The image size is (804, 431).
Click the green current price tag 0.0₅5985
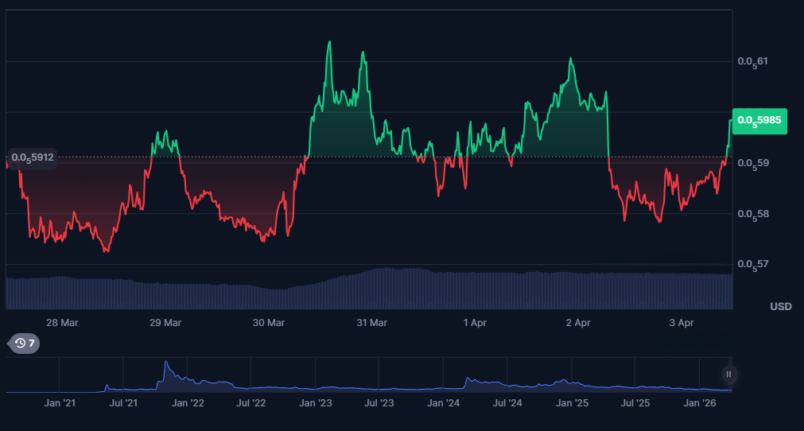759,121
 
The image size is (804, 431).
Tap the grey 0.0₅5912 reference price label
33,157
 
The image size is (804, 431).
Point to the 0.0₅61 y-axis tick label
753,61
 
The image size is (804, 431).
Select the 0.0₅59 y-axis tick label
753,163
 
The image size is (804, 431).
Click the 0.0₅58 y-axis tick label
753,214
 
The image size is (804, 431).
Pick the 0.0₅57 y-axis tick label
753,264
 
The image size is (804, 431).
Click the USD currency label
780,307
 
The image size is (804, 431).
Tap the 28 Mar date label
62,323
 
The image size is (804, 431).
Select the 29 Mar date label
165,323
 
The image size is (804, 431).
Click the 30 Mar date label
269,323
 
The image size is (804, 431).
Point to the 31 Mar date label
371,323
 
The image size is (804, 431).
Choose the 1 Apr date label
475,323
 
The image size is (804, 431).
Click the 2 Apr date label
578,323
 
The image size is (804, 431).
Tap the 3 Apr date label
682,323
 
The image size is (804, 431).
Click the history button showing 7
24,344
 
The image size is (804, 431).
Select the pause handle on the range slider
728,374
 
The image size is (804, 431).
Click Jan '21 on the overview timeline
60,403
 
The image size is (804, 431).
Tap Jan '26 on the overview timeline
700,403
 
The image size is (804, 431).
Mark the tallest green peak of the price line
329,42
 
